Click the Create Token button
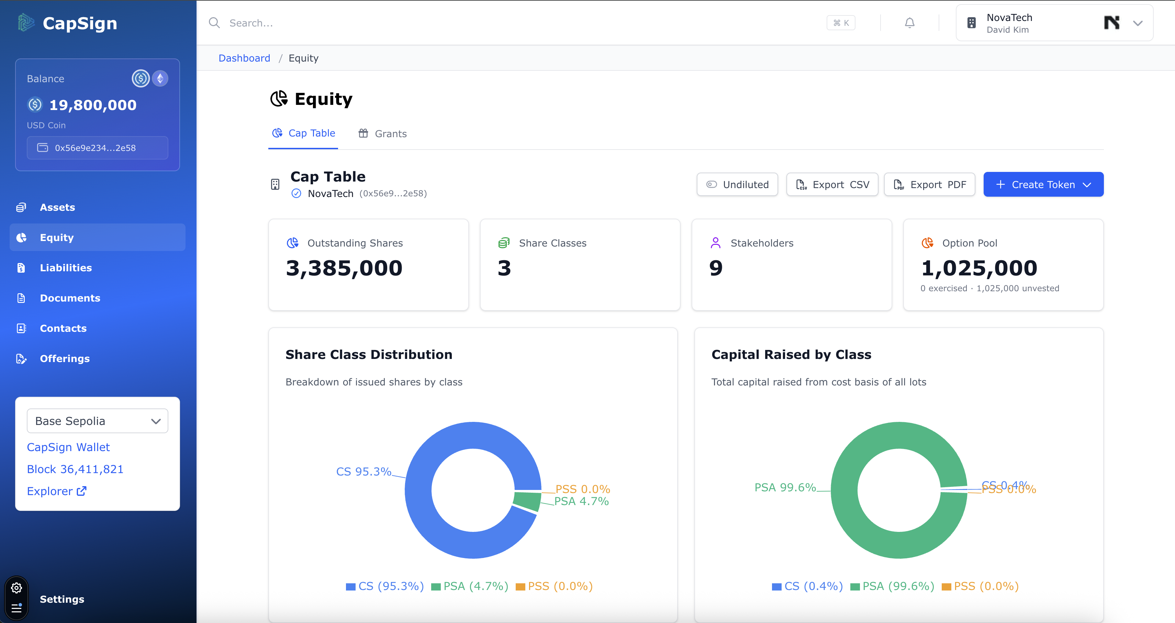(1043, 184)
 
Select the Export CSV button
(832, 184)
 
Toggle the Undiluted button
(737, 184)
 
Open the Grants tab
(382, 133)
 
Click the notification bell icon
(909, 23)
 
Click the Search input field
(502, 23)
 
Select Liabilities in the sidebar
(66, 268)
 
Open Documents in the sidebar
(70, 298)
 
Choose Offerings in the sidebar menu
(65, 359)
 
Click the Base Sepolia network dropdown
(97, 421)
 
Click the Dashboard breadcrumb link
(244, 58)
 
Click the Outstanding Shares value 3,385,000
(344, 268)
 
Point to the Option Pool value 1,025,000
(979, 268)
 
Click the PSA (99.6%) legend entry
(893, 586)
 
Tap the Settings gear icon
(16, 588)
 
